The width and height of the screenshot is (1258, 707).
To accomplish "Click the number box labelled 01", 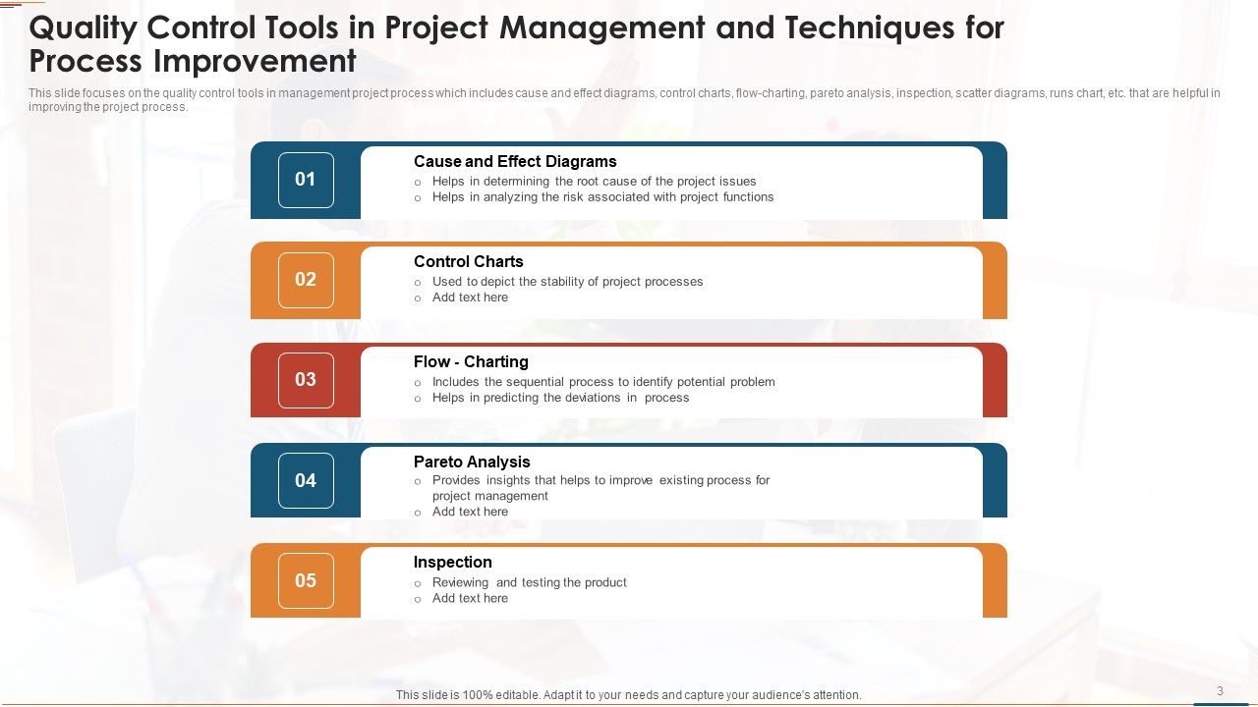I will click(x=306, y=180).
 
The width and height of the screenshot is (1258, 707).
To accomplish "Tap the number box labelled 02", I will click(x=306, y=280).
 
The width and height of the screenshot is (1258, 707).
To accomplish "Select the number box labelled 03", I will click(x=306, y=380).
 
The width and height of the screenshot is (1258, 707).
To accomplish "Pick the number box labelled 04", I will click(x=306, y=480).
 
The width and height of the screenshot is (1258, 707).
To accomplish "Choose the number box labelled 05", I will click(x=306, y=580).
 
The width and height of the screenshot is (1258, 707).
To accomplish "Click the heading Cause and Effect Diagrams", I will click(x=515, y=162).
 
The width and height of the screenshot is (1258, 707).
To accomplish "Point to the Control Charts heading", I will click(x=468, y=262).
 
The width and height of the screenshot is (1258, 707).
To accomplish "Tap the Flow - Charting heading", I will click(x=471, y=362).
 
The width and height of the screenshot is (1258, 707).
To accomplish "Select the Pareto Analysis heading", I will click(x=472, y=462).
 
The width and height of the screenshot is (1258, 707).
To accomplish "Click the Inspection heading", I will click(x=452, y=563).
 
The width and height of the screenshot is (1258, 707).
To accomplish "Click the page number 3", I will click(x=1220, y=691).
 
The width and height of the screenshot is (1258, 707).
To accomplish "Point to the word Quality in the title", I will click(x=84, y=28).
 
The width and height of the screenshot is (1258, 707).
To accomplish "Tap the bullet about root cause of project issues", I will click(x=594, y=182).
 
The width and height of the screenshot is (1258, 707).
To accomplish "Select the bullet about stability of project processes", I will click(x=567, y=282).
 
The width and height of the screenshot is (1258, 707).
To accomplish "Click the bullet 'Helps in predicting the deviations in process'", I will click(x=560, y=398).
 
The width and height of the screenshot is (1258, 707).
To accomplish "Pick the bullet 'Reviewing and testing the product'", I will click(x=529, y=582).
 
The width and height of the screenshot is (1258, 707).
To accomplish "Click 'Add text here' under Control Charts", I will click(x=470, y=298).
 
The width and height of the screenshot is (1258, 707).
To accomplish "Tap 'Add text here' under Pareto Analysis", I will click(x=470, y=512).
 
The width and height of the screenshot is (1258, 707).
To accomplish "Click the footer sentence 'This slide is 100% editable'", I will click(x=628, y=695).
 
